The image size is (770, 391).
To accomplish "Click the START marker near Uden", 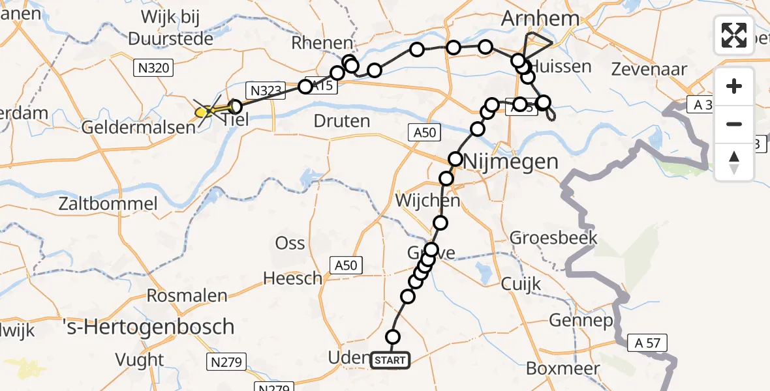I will (390, 360).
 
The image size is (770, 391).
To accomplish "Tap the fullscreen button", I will (734, 35).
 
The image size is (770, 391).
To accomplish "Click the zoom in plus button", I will (734, 86).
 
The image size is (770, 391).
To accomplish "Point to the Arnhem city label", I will (540, 19).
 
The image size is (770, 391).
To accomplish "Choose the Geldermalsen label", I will (139, 128).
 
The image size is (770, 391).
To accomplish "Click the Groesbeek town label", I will (553, 237).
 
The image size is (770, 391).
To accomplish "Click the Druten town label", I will (341, 121).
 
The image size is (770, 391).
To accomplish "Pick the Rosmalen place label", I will (187, 295).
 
